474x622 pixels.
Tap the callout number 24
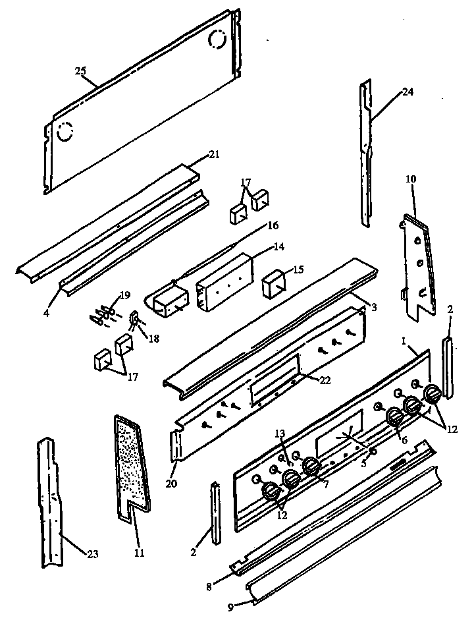click(x=408, y=92)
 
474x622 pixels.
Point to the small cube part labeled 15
click(x=271, y=287)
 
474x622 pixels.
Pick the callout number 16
click(x=273, y=225)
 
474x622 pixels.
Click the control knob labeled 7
click(x=311, y=467)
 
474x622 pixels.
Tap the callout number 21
click(x=214, y=154)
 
